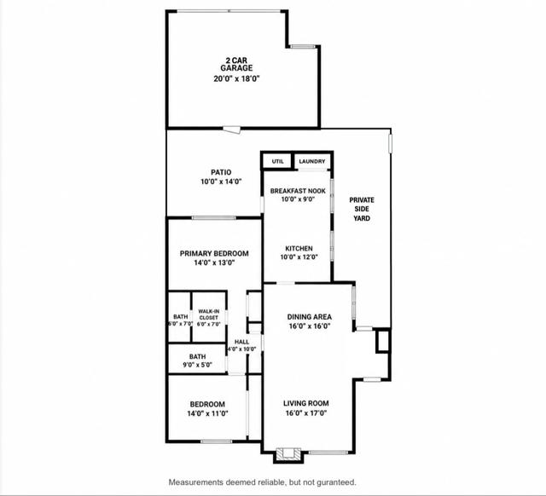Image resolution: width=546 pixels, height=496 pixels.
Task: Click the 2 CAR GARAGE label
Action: pos(236,65)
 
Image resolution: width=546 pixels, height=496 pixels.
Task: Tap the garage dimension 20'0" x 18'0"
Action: pos(237,79)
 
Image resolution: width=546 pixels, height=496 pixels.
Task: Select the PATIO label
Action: pos(221,172)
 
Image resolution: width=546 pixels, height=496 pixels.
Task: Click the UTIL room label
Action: pos(277,161)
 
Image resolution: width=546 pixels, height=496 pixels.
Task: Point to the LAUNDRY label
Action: pos(312,161)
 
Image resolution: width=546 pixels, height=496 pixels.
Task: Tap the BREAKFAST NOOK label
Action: pos(298,191)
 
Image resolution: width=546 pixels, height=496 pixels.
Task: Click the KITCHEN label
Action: pos(299,248)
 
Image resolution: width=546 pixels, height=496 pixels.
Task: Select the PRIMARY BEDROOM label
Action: pos(214,253)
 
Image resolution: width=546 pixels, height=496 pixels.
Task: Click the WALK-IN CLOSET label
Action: pos(209,314)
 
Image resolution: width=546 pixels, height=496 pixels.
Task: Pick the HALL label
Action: pos(241,342)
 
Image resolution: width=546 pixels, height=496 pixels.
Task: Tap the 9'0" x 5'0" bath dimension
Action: pos(197,365)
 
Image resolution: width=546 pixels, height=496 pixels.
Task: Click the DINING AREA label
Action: pos(309,317)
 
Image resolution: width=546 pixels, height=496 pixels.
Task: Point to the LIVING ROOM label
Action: pos(306,403)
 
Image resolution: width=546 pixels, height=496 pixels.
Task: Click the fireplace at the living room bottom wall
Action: pos(288,454)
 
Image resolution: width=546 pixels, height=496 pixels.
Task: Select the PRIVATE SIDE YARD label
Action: pos(362,209)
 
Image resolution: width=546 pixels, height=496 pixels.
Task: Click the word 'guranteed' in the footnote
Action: pos(338,482)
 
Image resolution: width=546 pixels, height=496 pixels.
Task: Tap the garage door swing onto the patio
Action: pos(232,130)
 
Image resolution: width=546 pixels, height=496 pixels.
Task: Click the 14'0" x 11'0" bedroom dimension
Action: pos(207,413)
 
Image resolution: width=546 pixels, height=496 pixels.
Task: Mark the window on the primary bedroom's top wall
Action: pos(214,218)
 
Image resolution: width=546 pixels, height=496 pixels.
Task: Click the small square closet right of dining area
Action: pos(383,341)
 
